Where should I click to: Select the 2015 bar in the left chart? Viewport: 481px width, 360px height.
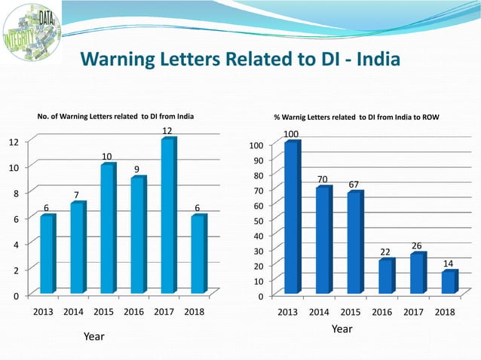[108, 228]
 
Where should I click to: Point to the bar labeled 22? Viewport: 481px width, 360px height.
[386, 276]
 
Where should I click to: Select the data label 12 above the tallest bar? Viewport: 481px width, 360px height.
[167, 131]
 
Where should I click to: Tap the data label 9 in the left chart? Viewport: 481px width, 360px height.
[136, 169]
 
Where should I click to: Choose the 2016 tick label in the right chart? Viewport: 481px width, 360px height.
[384, 312]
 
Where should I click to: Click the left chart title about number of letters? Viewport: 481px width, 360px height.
[115, 116]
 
